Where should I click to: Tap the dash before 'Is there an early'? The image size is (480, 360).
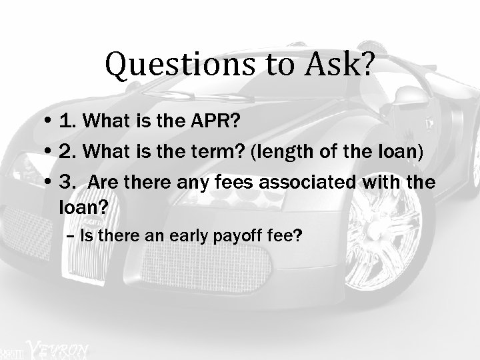pos(71,236)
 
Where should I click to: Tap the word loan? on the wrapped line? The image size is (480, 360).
pos(83,209)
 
